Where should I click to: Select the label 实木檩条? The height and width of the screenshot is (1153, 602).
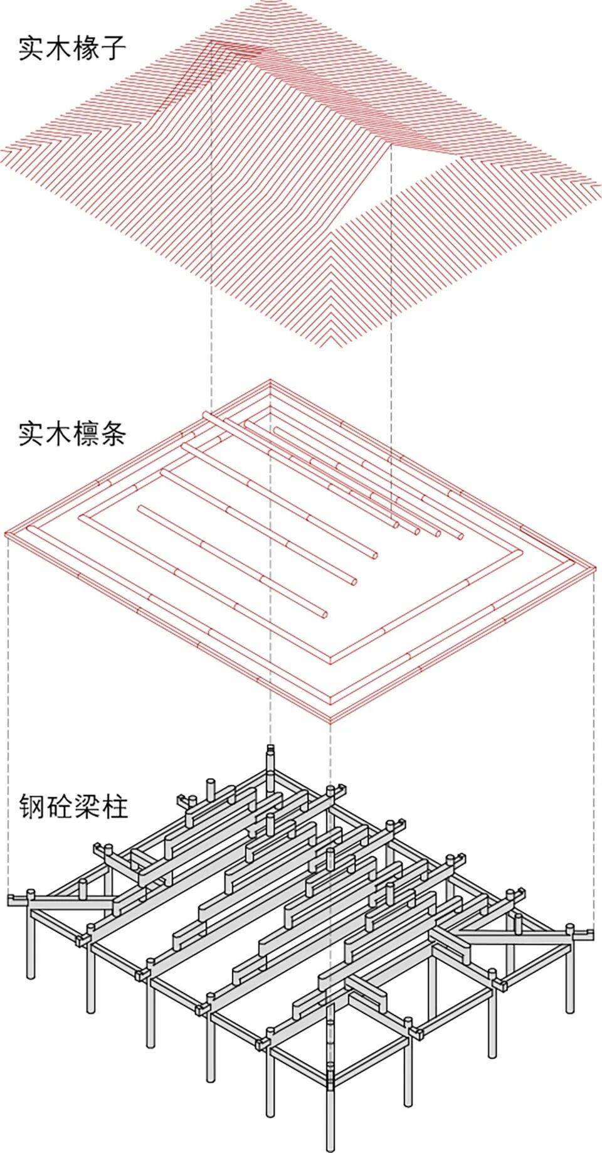pos(72,433)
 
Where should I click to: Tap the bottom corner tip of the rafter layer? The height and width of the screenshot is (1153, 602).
pos(330,349)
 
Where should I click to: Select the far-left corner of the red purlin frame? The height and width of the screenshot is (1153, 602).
pos(6,534)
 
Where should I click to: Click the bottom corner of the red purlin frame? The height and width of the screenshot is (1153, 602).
pos(330,722)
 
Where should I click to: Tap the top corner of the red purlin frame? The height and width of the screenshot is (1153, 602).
pos(270,380)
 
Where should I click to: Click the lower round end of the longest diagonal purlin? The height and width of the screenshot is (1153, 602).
pos(324,615)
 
